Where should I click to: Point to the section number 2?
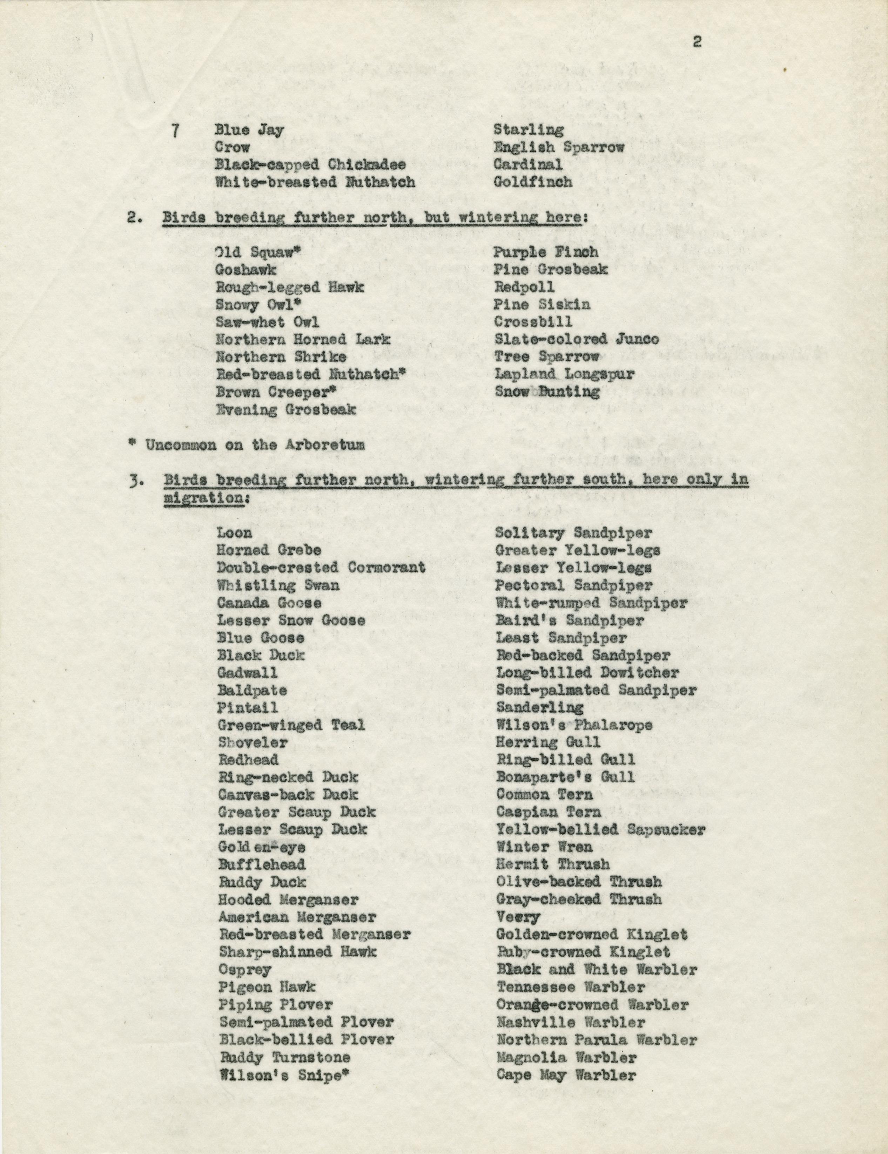point(132,217)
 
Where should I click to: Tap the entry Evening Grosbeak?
point(285,409)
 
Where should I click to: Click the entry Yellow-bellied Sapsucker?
point(600,830)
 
